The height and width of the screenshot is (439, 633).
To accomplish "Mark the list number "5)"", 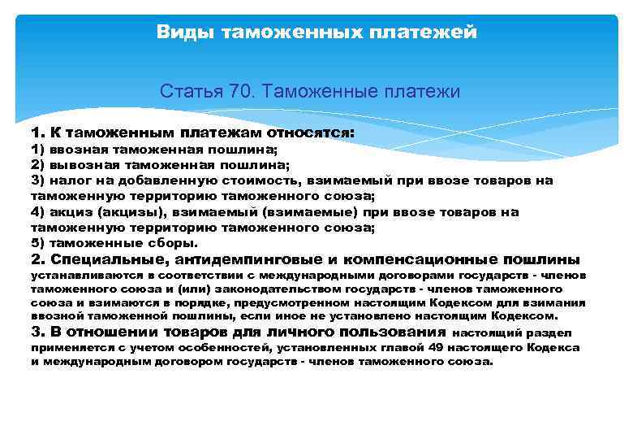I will [x=38, y=242].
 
